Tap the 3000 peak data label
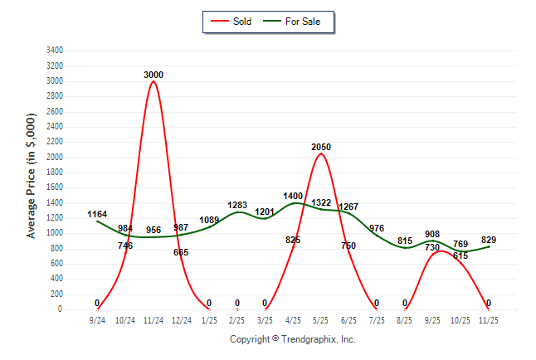pyautogui.click(x=153, y=75)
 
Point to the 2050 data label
pyautogui.click(x=321, y=147)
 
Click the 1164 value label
pyautogui.click(x=97, y=215)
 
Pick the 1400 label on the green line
pyautogui.click(x=293, y=197)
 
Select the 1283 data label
pyautogui.click(x=237, y=205)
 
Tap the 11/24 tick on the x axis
pyautogui.click(x=153, y=319)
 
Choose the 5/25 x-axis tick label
pyautogui.click(x=321, y=319)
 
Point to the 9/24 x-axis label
pyautogui.click(x=98, y=319)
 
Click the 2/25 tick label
pyautogui.click(x=237, y=319)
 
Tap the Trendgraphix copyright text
pyautogui.click(x=292, y=340)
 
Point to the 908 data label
pyautogui.click(x=433, y=235)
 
